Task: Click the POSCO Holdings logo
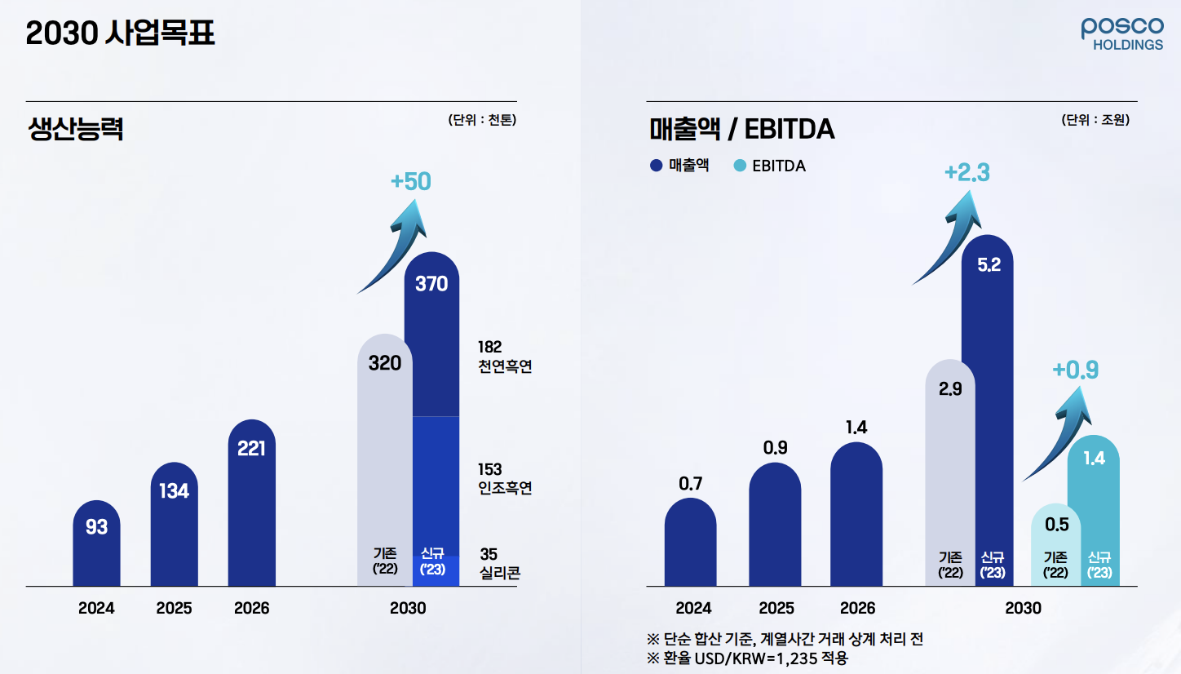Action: [x=1122, y=33]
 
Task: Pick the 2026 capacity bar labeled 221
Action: [x=251, y=506]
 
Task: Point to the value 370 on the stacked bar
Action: [x=431, y=284]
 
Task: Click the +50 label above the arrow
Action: [x=410, y=181]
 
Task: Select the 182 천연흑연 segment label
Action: [x=504, y=357]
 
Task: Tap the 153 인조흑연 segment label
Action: [x=504, y=479]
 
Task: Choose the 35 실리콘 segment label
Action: [x=499, y=563]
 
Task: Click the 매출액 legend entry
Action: [x=680, y=166]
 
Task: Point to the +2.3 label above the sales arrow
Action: [x=966, y=173]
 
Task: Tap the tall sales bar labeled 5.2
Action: [x=988, y=408]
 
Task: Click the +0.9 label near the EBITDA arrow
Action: [x=1075, y=370]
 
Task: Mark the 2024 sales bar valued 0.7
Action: [x=690, y=543]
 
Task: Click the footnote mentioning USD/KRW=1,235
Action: [x=746, y=658]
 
